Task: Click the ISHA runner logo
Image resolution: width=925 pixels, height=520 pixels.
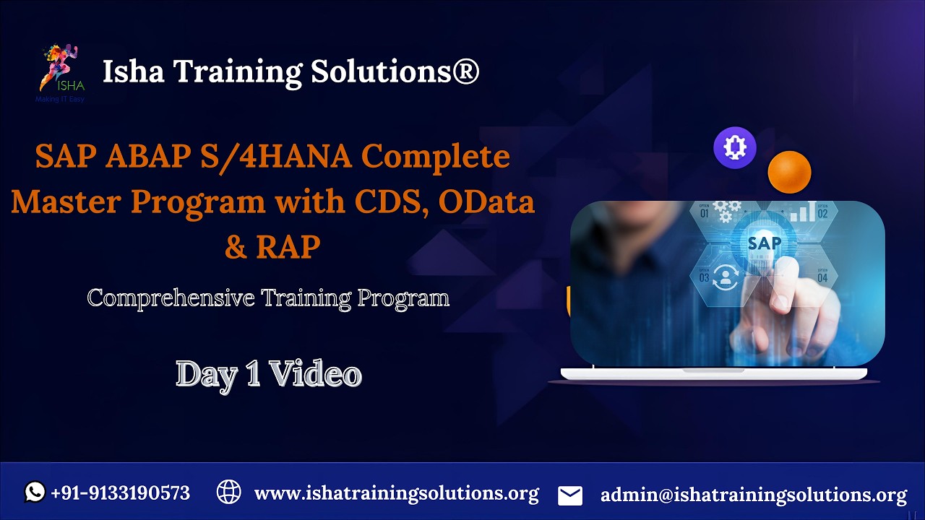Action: point(61,70)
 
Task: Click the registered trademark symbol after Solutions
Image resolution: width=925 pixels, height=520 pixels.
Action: point(466,72)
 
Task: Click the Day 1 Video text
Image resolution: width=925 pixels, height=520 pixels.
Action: point(269,374)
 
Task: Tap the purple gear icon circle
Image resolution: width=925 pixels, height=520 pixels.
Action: point(735,148)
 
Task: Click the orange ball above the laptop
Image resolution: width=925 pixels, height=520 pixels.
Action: point(789,172)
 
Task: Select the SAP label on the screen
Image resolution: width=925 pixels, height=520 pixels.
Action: point(764,243)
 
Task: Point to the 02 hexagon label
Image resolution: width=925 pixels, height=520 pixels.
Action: point(822,213)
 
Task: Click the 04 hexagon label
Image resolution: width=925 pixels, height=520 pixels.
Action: point(822,277)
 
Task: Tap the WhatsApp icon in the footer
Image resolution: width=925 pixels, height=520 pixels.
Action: point(35,493)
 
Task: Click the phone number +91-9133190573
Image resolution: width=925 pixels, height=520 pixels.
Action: point(121,493)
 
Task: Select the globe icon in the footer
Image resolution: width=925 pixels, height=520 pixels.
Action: point(228,493)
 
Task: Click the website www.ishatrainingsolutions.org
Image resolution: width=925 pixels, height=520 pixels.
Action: point(396,494)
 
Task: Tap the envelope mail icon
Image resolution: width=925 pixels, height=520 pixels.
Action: point(570,495)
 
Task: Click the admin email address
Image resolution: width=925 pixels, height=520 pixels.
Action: point(753,495)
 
